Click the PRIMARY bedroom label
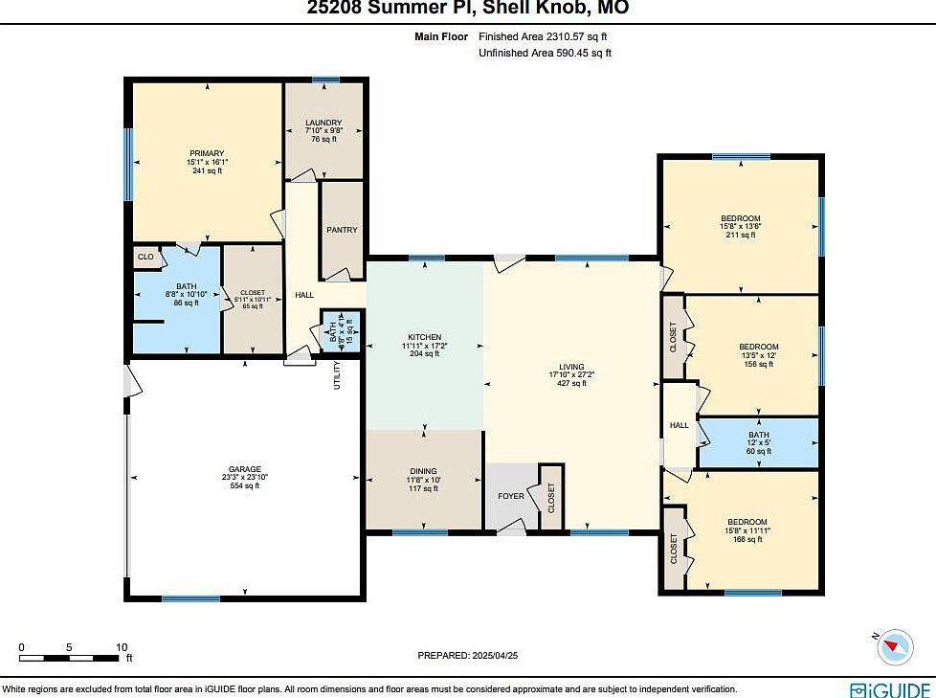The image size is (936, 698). (206, 153)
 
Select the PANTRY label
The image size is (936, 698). (342, 230)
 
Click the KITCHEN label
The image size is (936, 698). (424, 337)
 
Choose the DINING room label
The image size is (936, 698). (423, 471)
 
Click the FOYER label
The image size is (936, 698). (511, 496)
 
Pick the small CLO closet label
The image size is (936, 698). (145, 257)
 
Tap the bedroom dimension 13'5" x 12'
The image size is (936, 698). (758, 355)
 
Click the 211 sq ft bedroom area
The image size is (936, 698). (741, 236)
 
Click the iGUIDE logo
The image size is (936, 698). (890, 687)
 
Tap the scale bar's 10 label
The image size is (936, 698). (122, 647)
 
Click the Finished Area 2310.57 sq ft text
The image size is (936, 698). (542, 36)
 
